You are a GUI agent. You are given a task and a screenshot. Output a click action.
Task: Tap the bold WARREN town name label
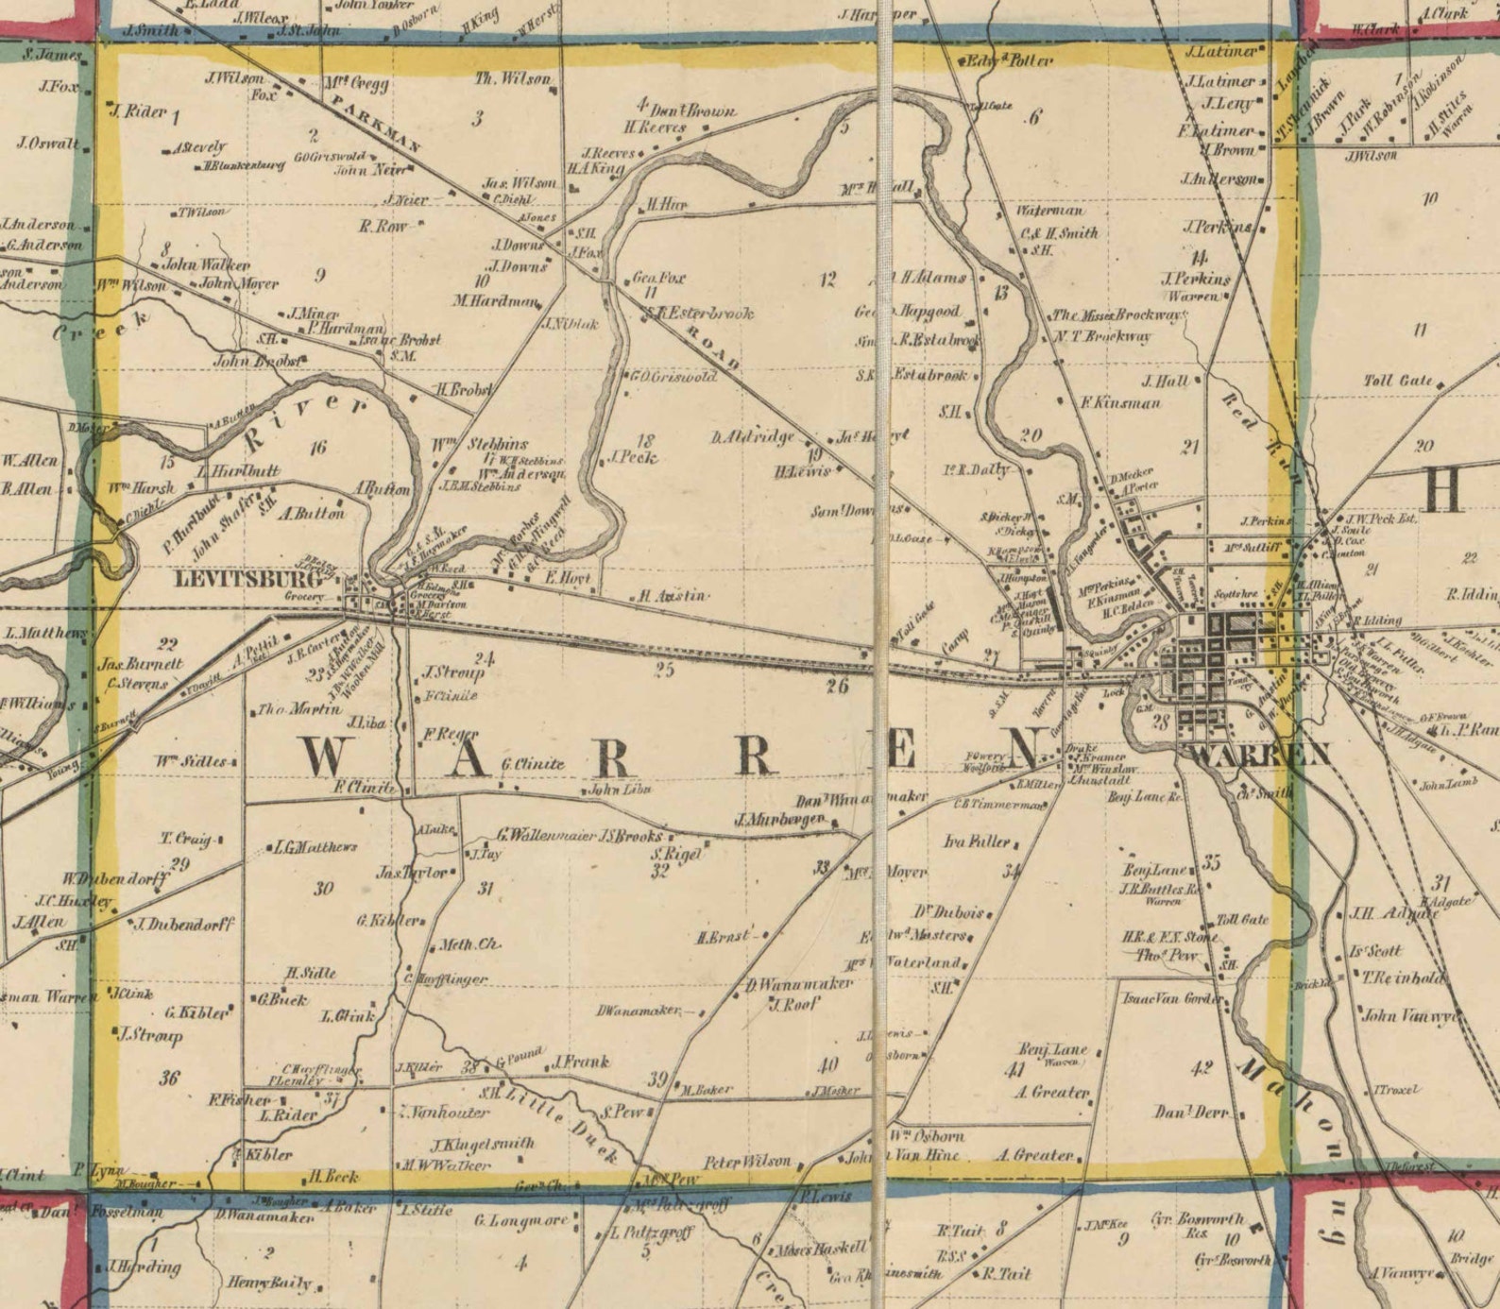1260,755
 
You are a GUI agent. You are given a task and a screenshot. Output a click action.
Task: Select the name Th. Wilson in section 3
512,79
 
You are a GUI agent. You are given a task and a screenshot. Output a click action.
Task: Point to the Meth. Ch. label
469,944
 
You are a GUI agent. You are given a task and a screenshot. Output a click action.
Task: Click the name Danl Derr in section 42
1191,1113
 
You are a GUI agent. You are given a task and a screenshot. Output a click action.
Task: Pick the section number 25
664,670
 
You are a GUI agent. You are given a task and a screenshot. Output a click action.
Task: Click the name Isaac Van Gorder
1170,998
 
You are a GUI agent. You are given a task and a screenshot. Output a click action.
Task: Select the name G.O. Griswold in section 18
673,376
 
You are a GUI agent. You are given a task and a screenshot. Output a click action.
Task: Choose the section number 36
169,1077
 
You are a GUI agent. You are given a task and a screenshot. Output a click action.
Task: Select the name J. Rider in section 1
138,111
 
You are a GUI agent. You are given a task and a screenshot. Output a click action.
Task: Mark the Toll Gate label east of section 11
1397,381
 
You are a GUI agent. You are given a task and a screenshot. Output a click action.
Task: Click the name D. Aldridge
752,437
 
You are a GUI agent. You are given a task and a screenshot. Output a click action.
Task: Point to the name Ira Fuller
976,841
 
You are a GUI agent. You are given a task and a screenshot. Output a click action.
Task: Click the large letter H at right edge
1442,490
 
